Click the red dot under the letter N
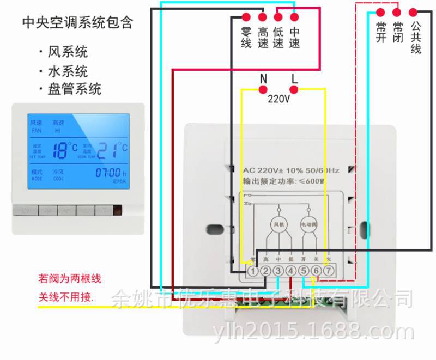(x=264, y=90)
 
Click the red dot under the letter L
(x=295, y=90)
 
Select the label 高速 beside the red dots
(x=263, y=37)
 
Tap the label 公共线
(x=416, y=37)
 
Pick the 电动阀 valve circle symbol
(x=309, y=224)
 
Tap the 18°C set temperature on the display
(x=64, y=149)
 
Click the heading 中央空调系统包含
(x=77, y=23)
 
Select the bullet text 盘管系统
(x=75, y=89)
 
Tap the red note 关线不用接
(x=66, y=297)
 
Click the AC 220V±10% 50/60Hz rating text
(x=290, y=170)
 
